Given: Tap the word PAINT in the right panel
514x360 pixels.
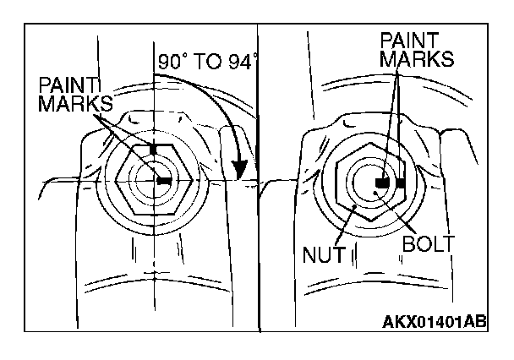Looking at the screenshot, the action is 408,40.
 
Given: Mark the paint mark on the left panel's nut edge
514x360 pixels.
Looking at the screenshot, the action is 154,148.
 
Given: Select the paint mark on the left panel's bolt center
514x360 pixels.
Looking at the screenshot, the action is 163,181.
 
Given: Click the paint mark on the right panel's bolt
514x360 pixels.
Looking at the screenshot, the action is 382,182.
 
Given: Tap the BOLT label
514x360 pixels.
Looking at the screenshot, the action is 429,245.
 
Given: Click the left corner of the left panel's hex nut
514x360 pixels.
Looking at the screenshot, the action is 112,180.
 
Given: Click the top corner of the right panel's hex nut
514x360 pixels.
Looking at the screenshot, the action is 373,141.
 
